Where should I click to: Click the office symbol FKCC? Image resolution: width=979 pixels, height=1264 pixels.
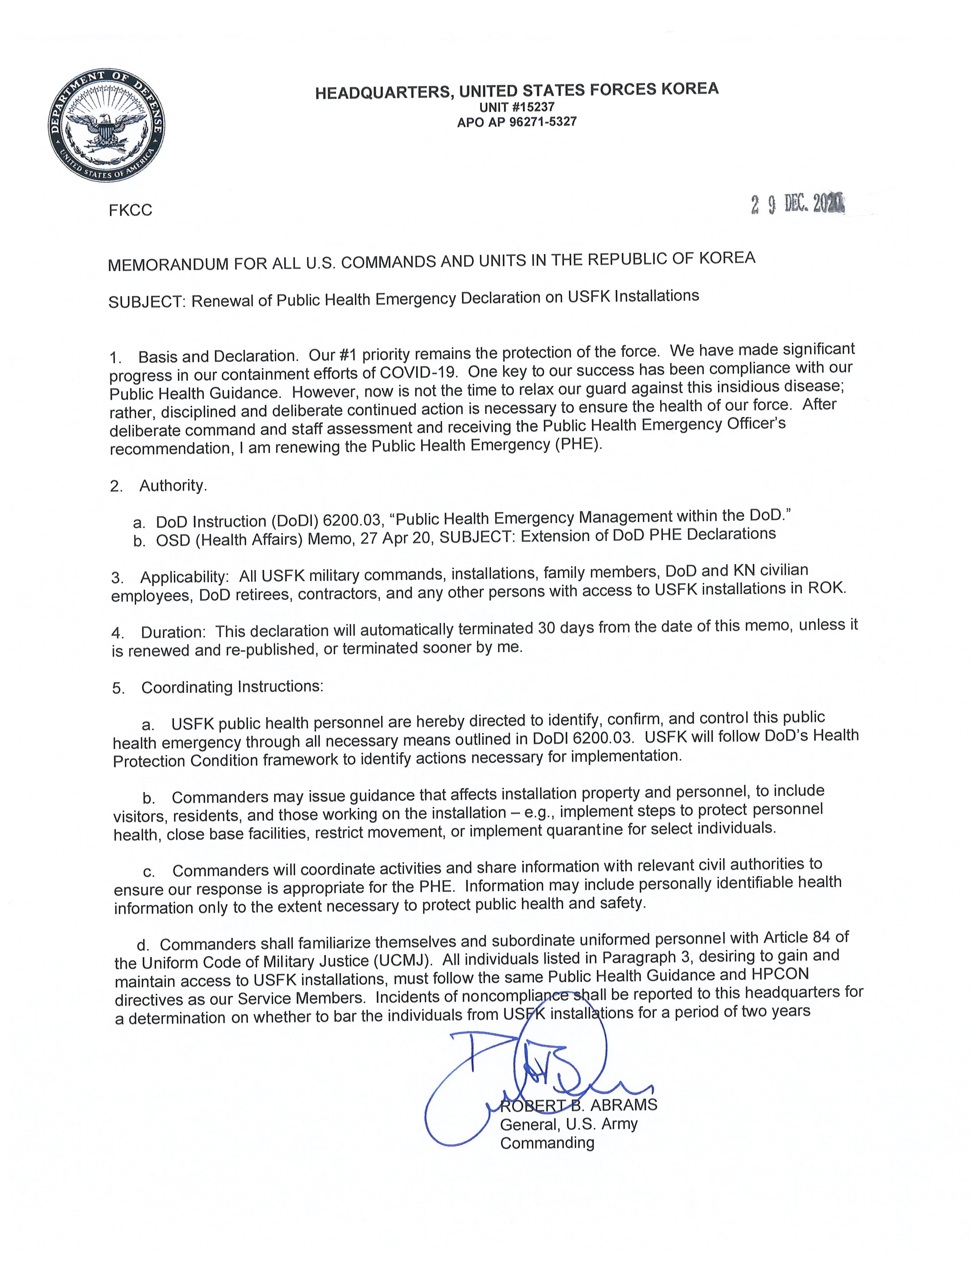pyautogui.click(x=130, y=210)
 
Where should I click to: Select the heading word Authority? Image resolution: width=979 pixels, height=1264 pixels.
pyautogui.click(x=173, y=486)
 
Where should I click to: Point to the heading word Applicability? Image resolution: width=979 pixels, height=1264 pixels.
pyautogui.click(x=185, y=577)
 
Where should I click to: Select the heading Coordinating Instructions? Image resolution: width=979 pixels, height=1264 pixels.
pyautogui.click(x=231, y=687)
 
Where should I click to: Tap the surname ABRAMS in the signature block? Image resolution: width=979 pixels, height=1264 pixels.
pyautogui.click(x=624, y=1105)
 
